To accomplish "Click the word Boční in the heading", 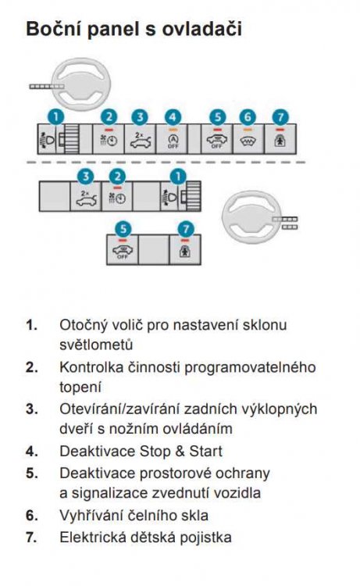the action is tap(52, 29).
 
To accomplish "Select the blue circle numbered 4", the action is tap(173, 117).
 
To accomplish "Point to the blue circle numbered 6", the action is tap(248, 117).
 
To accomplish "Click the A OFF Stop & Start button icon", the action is tap(173, 141).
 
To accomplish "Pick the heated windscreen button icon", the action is tap(248, 141).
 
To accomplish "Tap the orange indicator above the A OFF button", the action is tap(173, 129).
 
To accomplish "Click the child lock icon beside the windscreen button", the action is tap(280, 141).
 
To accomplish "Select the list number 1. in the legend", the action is tap(32, 324).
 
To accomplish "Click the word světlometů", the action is tap(96, 345).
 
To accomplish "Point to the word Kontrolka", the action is tap(91, 367).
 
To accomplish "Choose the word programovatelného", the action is tap(250, 367).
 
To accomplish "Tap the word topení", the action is tap(80, 388).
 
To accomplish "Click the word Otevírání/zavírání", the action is tap(120, 409).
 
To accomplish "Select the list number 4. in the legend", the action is tap(32, 451).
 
